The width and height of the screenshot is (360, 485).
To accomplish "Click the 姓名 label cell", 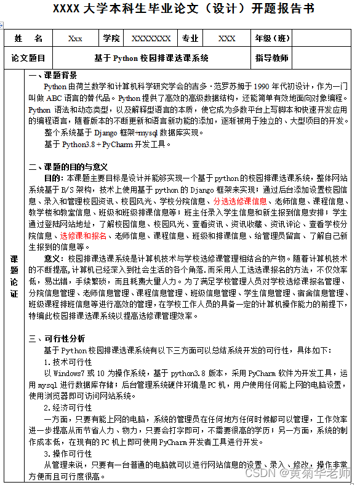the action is pyautogui.click(x=28, y=38).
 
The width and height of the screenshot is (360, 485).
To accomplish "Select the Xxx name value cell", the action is pyautogui.click(x=75, y=38).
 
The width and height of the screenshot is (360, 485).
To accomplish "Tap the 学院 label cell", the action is pyautogui.click(x=112, y=38).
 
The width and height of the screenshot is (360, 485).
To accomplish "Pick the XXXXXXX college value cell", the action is pyautogui.click(x=151, y=38).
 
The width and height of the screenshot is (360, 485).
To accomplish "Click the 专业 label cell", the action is pyautogui.click(x=190, y=38).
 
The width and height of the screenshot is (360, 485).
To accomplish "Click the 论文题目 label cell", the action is pyautogui.click(x=28, y=58).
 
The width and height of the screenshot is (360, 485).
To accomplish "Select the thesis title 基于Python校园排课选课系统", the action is pyautogui.click(x=151, y=58).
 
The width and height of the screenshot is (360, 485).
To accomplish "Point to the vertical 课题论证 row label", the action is pyautogui.click(x=15, y=276).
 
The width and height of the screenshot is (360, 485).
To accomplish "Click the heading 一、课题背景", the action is pyautogui.click(x=53, y=75).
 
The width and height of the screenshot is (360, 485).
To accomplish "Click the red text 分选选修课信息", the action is pyautogui.click(x=240, y=201).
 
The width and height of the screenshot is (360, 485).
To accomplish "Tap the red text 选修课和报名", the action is pyautogui.click(x=83, y=236).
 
